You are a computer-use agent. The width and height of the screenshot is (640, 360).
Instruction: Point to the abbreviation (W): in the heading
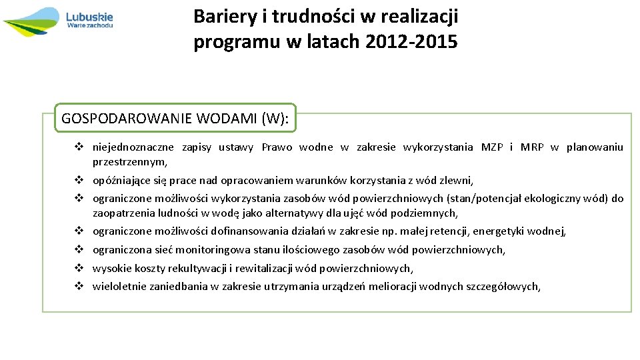click(276, 119)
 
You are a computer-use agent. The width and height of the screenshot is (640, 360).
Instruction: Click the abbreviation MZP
click(492, 147)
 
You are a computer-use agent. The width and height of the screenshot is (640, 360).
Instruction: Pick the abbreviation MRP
click(532, 147)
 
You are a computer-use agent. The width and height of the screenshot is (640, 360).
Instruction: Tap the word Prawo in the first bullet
click(277, 147)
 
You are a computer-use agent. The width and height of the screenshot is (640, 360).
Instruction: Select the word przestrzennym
click(129, 162)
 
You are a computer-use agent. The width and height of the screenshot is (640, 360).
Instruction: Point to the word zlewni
click(457, 180)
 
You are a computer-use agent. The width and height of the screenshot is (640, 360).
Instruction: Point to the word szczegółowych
click(505, 287)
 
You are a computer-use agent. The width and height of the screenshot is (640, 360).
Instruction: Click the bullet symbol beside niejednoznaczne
click(78, 147)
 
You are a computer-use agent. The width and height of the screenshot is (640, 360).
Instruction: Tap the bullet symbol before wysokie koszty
click(78, 268)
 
